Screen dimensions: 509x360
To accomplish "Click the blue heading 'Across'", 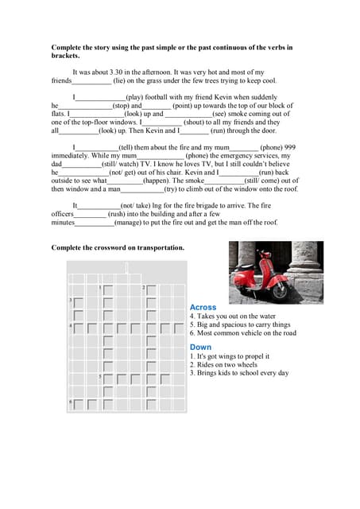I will click(203, 307).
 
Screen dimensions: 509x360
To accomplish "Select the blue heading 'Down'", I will click(200, 347).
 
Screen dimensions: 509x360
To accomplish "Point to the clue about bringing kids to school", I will click(238, 373).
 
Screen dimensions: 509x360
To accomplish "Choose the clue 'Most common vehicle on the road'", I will click(242, 333).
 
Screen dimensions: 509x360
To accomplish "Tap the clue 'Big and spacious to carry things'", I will click(240, 324).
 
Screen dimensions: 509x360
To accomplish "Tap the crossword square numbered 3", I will click(77, 303).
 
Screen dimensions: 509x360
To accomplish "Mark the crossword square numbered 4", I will click(77, 328).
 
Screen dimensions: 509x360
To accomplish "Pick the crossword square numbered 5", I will click(107, 379).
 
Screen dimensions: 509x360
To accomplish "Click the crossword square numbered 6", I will click(77, 405).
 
